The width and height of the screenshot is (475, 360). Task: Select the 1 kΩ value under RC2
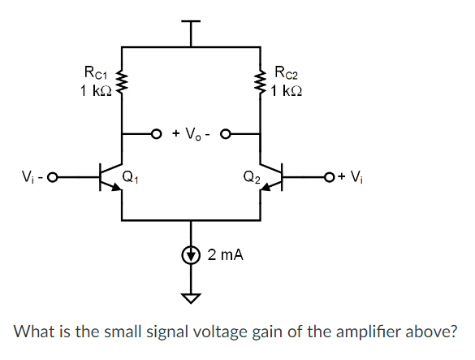291,89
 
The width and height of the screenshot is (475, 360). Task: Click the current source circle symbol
192,254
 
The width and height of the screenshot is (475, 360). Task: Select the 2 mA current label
225,255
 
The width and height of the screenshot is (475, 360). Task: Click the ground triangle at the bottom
192,297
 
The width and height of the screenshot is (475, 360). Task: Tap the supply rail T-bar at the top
192,22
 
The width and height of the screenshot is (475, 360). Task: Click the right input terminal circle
328,175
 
